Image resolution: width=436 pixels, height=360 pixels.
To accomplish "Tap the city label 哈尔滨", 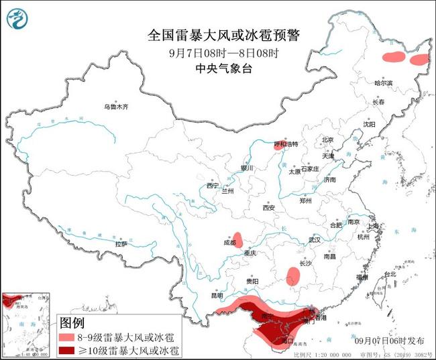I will pyautogui.click(x=384, y=83).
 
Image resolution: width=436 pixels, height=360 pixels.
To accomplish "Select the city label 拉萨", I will pyautogui.click(x=121, y=244).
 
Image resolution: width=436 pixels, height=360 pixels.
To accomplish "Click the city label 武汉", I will pyautogui.click(x=315, y=239).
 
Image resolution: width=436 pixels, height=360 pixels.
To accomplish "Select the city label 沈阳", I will pyautogui.click(x=370, y=124).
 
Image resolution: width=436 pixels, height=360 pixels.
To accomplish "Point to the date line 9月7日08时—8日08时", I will pyautogui.click(x=218, y=53).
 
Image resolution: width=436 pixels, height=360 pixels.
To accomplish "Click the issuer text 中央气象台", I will pyautogui.click(x=218, y=68).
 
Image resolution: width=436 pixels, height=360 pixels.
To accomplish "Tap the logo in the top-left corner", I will pyautogui.click(x=19, y=19).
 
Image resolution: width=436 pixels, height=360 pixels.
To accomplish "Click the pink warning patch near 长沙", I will pyautogui.click(x=293, y=276).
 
